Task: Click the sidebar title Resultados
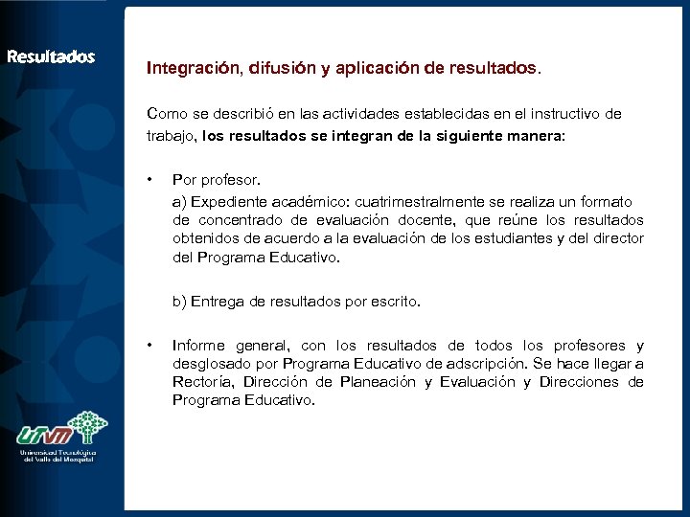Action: pyautogui.click(x=51, y=56)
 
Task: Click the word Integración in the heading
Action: pyautogui.click(x=194, y=69)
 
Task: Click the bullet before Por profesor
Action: pyautogui.click(x=150, y=179)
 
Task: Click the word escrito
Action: pyautogui.click(x=393, y=302)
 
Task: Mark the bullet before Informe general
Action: pyautogui.click(x=150, y=346)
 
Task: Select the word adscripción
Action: pyautogui.click(x=480, y=364)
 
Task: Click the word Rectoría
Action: pyautogui.click(x=202, y=382)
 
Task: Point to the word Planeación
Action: pyautogui.click(x=378, y=382)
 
